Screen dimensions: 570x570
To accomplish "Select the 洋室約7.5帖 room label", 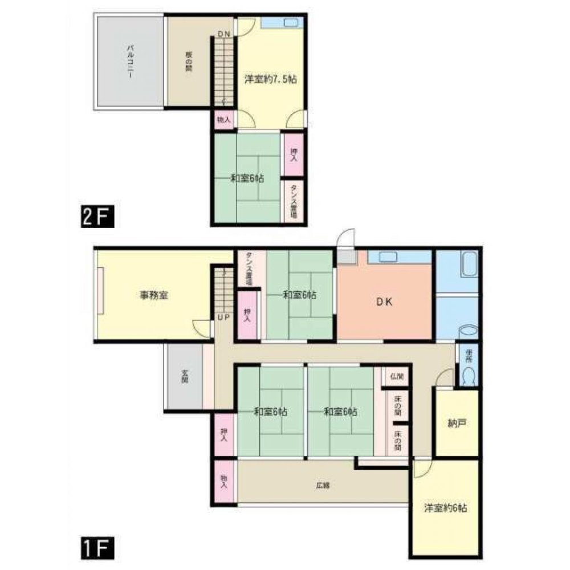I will tap(270, 79).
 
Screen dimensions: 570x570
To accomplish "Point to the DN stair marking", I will tap(224, 34).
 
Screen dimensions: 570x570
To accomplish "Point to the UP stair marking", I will tap(223, 317).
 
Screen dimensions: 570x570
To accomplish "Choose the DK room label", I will tap(384, 303).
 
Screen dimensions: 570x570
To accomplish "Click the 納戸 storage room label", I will tap(456, 424).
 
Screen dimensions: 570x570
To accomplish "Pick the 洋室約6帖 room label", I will tap(445, 508).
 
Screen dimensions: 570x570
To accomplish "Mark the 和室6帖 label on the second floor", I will tap(247, 178).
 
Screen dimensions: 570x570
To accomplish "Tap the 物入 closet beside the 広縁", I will tap(224, 482).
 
